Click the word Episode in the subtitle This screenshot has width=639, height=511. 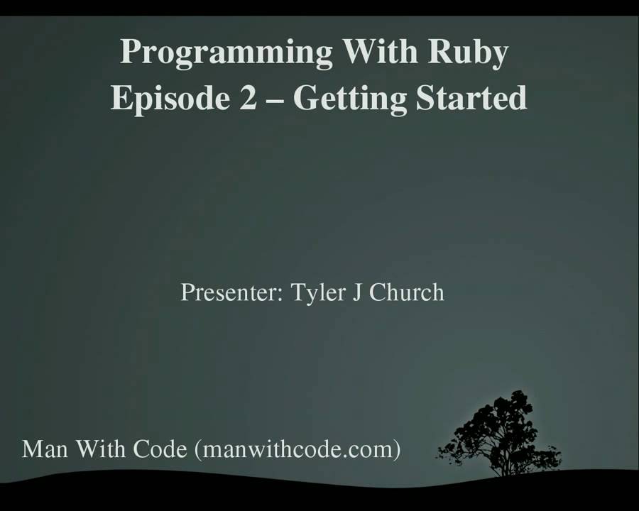(168, 98)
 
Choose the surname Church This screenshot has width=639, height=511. (406, 292)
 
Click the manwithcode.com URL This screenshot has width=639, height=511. (297, 450)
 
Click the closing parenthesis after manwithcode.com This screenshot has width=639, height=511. (395, 450)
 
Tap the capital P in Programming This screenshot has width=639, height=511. (128, 53)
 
